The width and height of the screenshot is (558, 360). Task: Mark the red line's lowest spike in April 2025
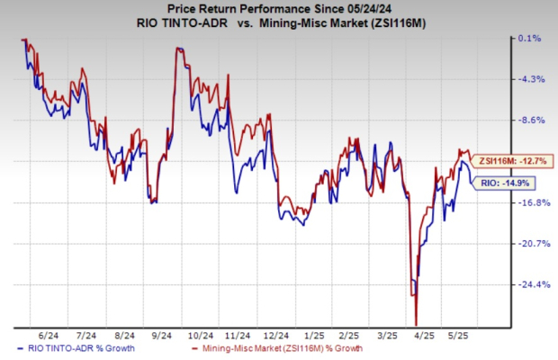click(x=417, y=325)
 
